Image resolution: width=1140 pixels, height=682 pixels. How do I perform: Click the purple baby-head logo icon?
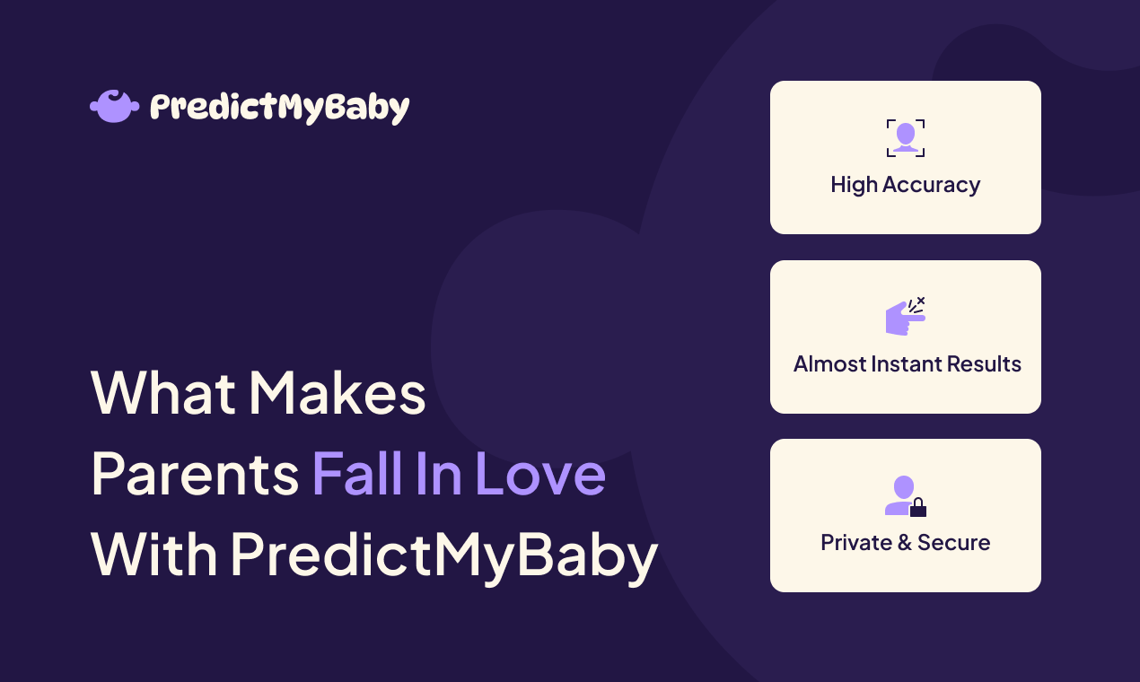[x=114, y=106]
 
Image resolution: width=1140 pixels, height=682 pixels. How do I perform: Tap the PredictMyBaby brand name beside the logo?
[x=279, y=108]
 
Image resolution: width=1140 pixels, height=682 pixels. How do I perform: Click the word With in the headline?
[x=153, y=554]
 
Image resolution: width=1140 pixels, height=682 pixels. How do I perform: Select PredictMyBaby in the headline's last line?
[x=444, y=555]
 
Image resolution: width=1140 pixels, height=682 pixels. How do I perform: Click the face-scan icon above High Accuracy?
[x=905, y=138]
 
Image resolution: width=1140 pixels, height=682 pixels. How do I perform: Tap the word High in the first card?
[x=853, y=185]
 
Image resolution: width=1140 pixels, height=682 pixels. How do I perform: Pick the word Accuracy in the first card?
[x=931, y=186]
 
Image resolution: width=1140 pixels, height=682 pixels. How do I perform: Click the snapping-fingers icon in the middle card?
[x=905, y=317]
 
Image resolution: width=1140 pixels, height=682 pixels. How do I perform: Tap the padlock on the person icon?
[x=917, y=509]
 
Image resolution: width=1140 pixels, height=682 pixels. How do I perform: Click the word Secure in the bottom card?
[x=953, y=543]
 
